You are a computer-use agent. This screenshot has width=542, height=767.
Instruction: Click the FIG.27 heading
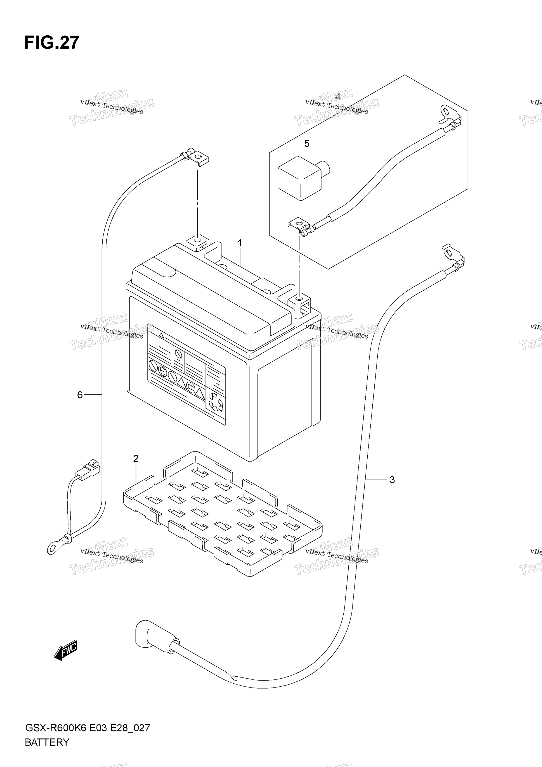click(x=52, y=43)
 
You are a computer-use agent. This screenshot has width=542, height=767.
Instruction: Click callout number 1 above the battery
click(x=240, y=243)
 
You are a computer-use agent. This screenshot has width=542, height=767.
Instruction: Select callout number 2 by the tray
click(x=136, y=459)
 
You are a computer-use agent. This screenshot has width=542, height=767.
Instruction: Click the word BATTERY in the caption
click(x=47, y=742)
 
